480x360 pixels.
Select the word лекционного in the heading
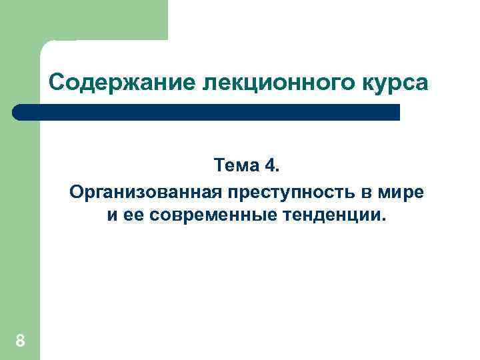(x=265, y=83)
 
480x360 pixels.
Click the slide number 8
(x=20, y=342)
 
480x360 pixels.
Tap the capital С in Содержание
(x=56, y=83)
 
